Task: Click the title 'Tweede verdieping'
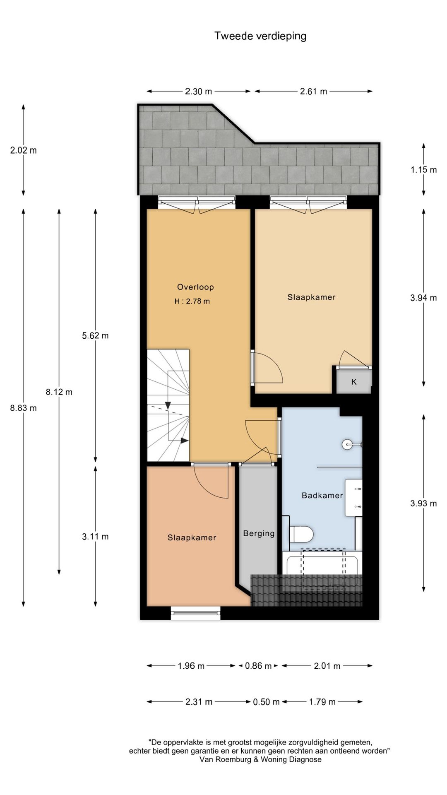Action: pos(260,36)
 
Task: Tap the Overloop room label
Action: pos(195,287)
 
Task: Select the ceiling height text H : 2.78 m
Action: pos(192,301)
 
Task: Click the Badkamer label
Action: pos(322,495)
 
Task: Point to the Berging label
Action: pos(259,533)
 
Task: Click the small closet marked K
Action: pos(354,382)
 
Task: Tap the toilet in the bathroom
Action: pos(301,534)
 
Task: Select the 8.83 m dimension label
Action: pos(23,408)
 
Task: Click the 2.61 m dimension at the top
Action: pos(313,92)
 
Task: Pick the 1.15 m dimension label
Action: pos(423,169)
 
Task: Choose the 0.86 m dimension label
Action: pos(258,666)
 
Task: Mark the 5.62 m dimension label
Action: pos(95,335)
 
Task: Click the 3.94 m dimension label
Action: pos(423,298)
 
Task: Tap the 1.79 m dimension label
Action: pos(322,702)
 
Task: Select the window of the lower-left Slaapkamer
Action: pos(196,613)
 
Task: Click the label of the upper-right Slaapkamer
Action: pos(311,297)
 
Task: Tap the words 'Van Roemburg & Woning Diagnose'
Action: pos(260,759)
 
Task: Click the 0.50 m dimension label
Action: pos(266,702)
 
